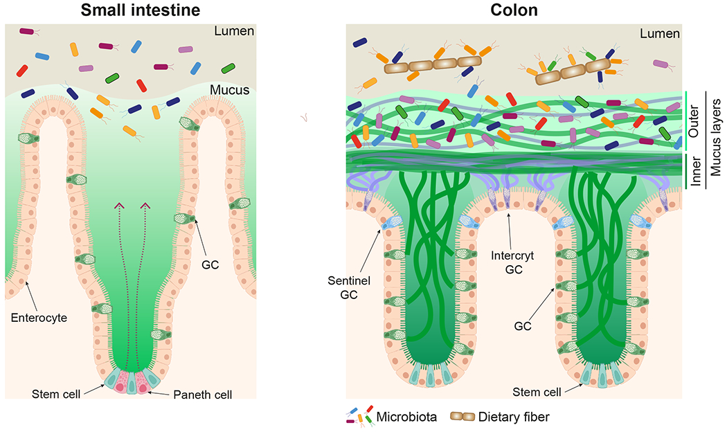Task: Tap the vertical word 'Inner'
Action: pyautogui.click(x=694, y=172)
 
